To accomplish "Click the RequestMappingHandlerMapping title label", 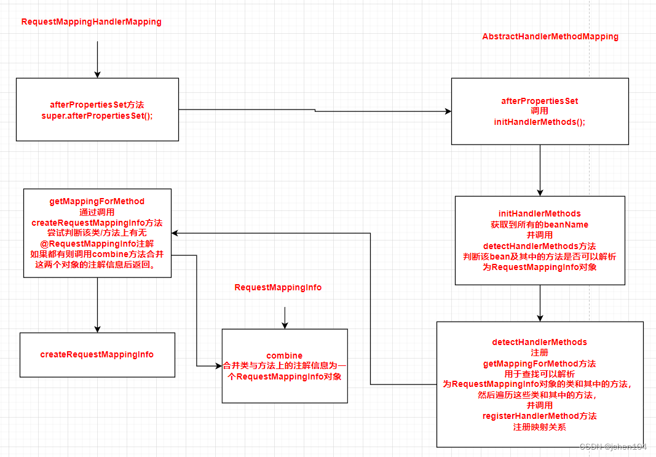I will click(x=91, y=22).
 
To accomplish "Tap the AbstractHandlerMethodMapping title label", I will click(x=550, y=36).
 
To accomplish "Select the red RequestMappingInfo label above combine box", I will click(x=278, y=287).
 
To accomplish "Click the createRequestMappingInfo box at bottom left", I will click(x=97, y=354).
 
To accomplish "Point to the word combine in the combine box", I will click(x=284, y=356).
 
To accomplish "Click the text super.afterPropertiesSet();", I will click(x=97, y=116).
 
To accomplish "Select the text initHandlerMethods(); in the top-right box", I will click(x=539, y=122).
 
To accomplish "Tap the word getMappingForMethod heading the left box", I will click(x=97, y=201).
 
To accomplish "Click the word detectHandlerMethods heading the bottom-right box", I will click(x=539, y=342).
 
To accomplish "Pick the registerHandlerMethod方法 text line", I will click(x=539, y=416).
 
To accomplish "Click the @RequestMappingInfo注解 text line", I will click(x=97, y=243).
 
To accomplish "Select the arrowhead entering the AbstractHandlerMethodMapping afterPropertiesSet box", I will click(x=448, y=111).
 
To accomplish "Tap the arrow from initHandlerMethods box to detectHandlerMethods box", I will click(x=540, y=303).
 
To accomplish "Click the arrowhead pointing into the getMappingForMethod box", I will click(x=175, y=233).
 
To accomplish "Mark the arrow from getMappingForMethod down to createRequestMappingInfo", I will click(x=97, y=305).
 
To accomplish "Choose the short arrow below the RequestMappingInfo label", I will click(x=284, y=317).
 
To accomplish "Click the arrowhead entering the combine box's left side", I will click(x=218, y=366).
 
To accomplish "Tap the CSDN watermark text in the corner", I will click(x=612, y=447).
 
